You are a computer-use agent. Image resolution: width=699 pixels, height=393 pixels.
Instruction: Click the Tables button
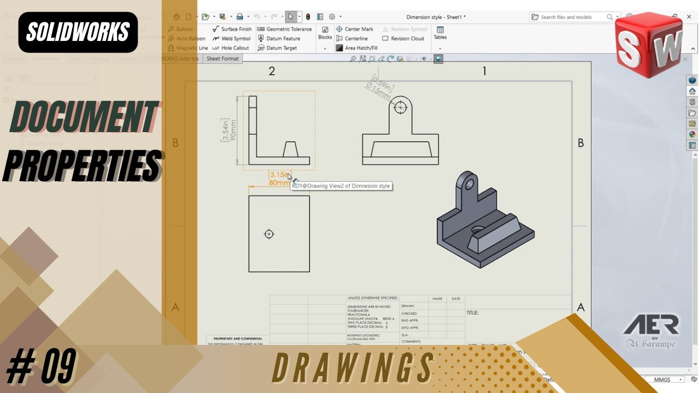click(x=440, y=33)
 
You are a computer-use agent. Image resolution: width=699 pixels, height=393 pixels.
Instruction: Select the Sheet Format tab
click(x=223, y=58)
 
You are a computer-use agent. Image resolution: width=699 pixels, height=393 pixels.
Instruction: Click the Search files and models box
click(x=571, y=17)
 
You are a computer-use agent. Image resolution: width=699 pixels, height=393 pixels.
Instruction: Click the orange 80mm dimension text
click(x=279, y=183)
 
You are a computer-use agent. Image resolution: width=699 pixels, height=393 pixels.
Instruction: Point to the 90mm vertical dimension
click(x=233, y=130)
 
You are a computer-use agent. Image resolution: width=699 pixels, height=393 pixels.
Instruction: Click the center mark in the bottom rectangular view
click(x=269, y=234)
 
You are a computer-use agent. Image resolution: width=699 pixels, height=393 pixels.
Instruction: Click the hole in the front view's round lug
click(x=401, y=108)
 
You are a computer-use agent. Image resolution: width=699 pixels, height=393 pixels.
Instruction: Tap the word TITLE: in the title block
click(x=472, y=313)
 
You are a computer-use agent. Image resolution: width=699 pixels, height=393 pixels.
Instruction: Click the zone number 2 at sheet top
click(x=271, y=71)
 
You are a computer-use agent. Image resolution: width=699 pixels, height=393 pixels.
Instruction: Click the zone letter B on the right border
click(x=580, y=143)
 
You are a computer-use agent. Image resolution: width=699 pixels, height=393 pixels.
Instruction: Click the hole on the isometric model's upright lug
click(x=468, y=183)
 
